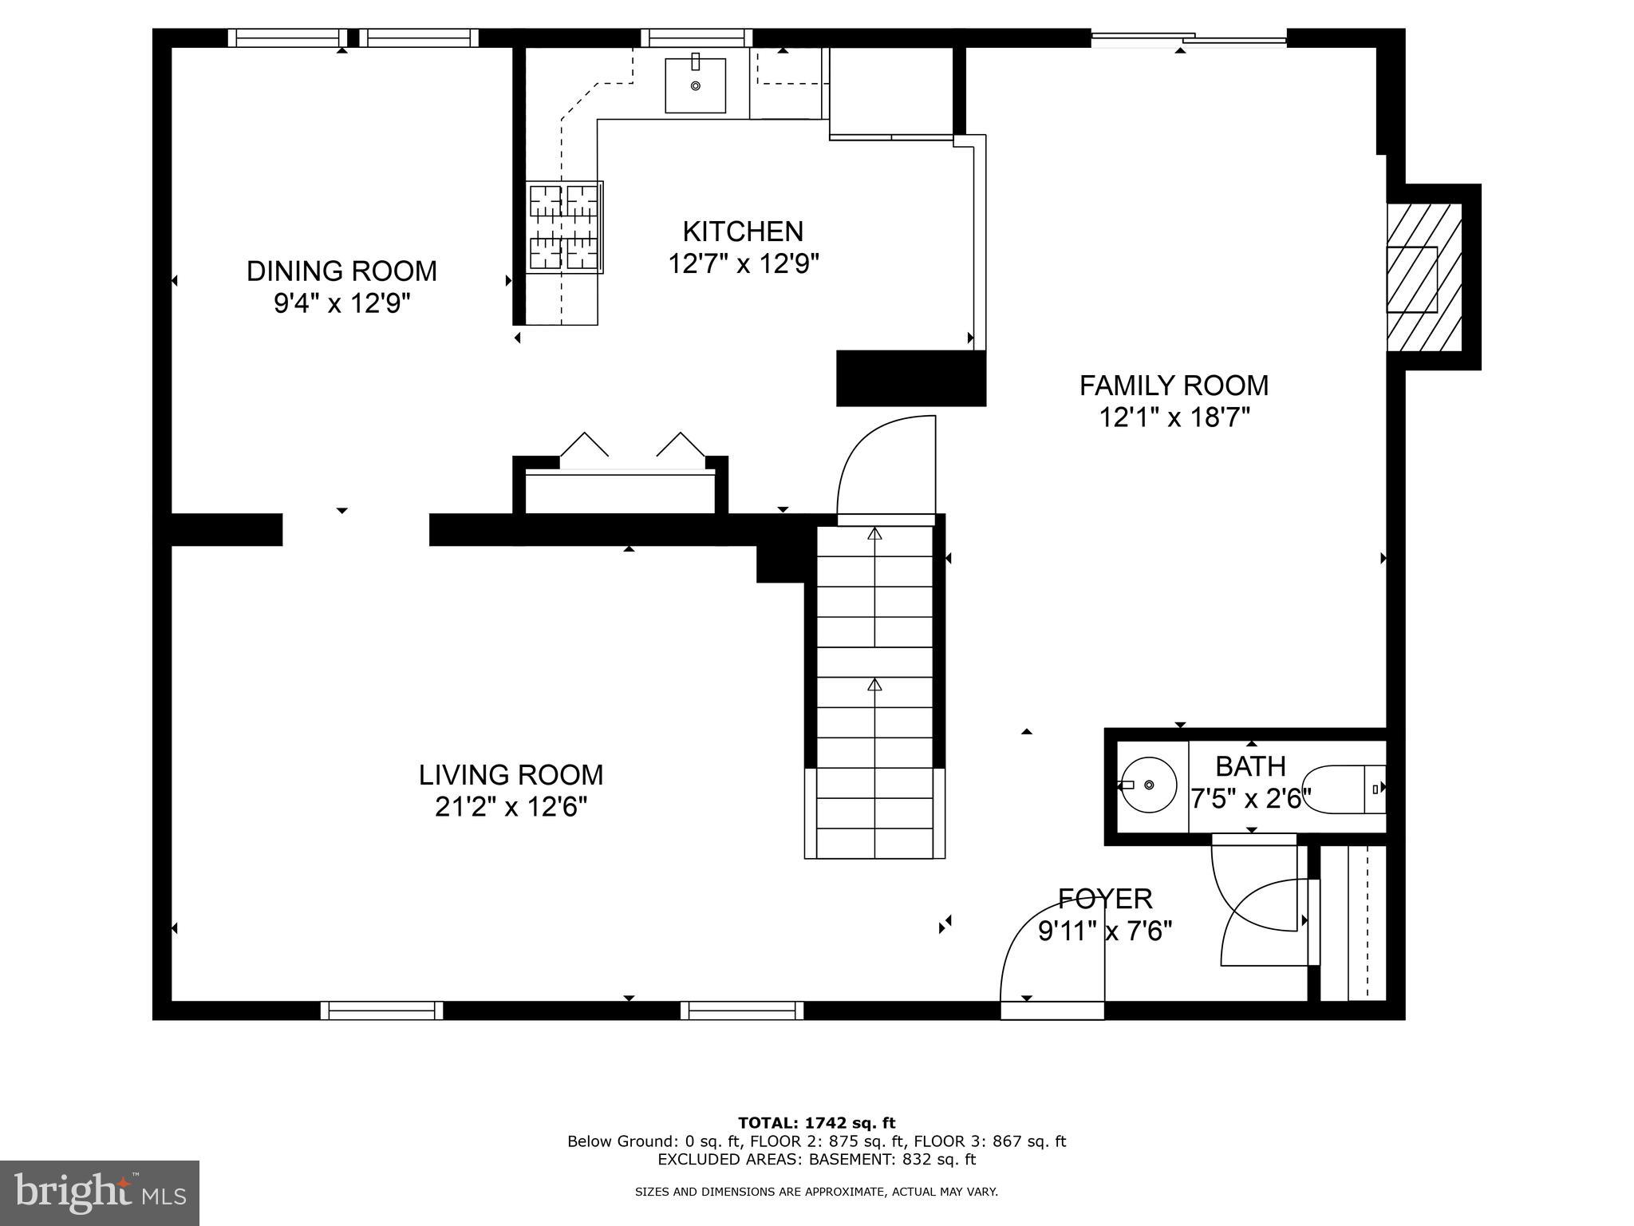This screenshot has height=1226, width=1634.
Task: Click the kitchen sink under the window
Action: (x=695, y=85)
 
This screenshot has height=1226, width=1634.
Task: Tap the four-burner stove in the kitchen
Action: (x=564, y=227)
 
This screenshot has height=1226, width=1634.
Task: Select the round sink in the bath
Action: (x=1147, y=785)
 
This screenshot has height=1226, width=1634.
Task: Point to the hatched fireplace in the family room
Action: (x=1424, y=278)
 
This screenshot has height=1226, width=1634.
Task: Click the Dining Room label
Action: (x=341, y=271)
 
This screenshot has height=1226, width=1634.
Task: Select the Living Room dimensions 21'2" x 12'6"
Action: (x=511, y=807)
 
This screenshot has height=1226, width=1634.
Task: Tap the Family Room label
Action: (x=1174, y=386)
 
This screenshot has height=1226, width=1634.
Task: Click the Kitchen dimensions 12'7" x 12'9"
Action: (x=744, y=263)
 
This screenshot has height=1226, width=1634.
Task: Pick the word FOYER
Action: (x=1105, y=899)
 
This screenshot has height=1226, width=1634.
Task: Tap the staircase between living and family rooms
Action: (x=875, y=686)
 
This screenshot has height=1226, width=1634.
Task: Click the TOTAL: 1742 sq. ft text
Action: (x=816, y=1123)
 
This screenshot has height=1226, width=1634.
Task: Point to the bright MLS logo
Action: (x=100, y=1193)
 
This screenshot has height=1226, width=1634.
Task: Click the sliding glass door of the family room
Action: (x=1188, y=38)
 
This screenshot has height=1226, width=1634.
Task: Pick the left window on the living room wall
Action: (x=381, y=1010)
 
